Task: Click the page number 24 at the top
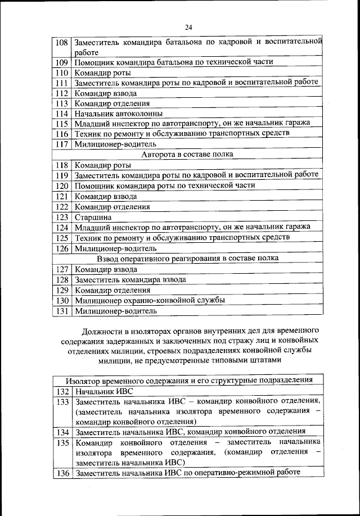pos(188,28)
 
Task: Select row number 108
pos(62,42)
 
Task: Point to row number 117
pos(62,144)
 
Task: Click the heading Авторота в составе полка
pos(187,154)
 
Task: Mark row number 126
pos(62,248)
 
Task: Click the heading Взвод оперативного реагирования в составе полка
pos(187,258)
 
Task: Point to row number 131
pos(62,310)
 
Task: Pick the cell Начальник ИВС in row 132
pos(100,391)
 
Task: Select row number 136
pos(62,473)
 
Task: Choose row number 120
pos(62,185)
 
